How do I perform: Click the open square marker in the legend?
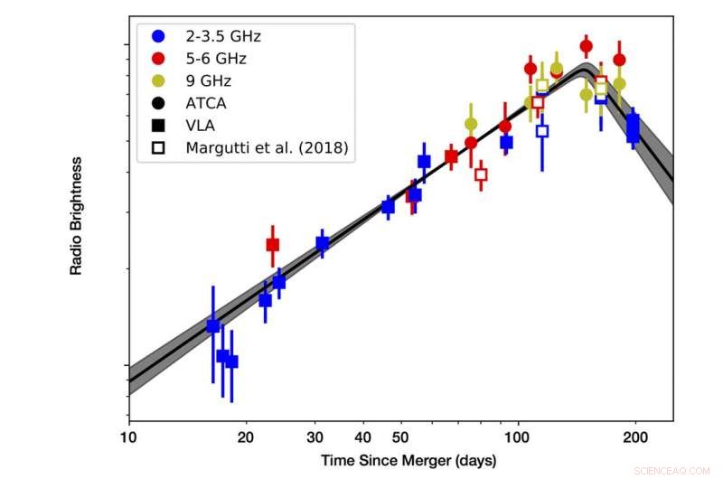159,147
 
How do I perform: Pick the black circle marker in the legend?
159,103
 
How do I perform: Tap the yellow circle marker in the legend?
159,80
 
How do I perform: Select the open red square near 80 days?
481,174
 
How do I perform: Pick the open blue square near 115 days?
542,131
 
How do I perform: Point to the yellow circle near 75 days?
471,124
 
